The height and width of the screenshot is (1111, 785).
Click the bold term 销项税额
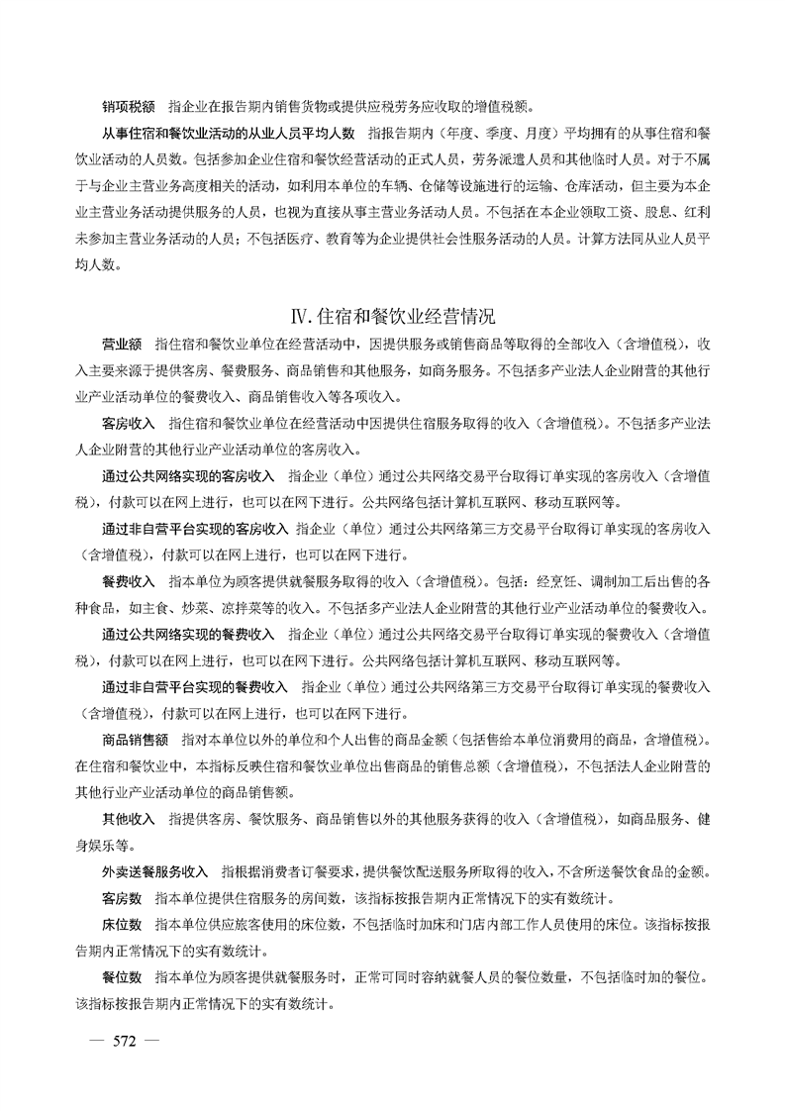point(129,106)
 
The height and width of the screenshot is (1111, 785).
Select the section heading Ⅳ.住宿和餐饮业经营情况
point(392,317)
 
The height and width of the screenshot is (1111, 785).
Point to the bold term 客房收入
point(129,423)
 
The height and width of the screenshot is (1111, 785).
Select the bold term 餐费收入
point(129,578)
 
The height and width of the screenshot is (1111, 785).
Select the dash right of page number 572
point(153,1040)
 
